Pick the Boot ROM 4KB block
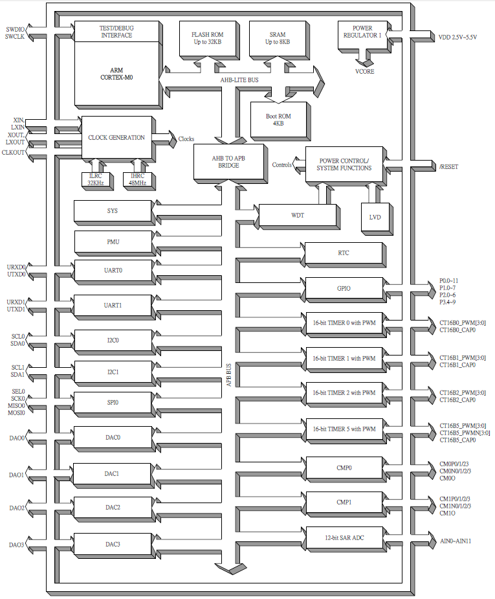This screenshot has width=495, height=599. (x=278, y=119)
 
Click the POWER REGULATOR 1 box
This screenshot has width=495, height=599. (x=362, y=33)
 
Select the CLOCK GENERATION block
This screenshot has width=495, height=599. (x=116, y=137)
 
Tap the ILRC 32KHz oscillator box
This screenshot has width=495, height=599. (x=95, y=178)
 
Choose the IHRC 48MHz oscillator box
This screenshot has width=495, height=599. (x=137, y=178)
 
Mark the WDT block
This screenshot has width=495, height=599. (x=298, y=214)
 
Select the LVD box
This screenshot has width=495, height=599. (x=375, y=218)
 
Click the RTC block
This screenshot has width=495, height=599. (x=344, y=253)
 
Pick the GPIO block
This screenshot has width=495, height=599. (x=344, y=288)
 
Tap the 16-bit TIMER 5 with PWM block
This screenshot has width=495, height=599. (x=344, y=429)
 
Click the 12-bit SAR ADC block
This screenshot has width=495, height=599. (x=344, y=537)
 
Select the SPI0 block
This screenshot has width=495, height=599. (x=113, y=402)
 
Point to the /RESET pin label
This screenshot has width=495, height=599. (x=448, y=166)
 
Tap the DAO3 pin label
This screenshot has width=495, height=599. (x=17, y=545)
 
